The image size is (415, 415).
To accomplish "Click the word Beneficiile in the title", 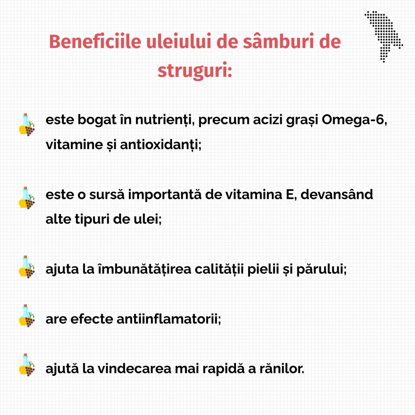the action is point(95,41).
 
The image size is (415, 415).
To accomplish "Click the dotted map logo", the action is point(384,36).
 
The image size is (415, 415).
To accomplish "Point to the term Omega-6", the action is point(354,120).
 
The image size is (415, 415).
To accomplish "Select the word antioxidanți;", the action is point(160,145).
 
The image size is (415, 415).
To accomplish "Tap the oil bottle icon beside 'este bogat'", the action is point(27,125).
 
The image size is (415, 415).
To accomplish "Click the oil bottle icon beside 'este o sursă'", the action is point(27,198).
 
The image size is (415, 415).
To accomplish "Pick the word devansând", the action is point(336,194).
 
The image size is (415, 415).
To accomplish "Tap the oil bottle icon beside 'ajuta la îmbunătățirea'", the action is point(27,267).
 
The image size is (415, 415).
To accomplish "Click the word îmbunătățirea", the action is point(145,269).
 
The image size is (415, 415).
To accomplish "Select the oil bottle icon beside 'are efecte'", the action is point(27,316).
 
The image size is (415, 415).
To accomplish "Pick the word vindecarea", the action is point(135,368).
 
